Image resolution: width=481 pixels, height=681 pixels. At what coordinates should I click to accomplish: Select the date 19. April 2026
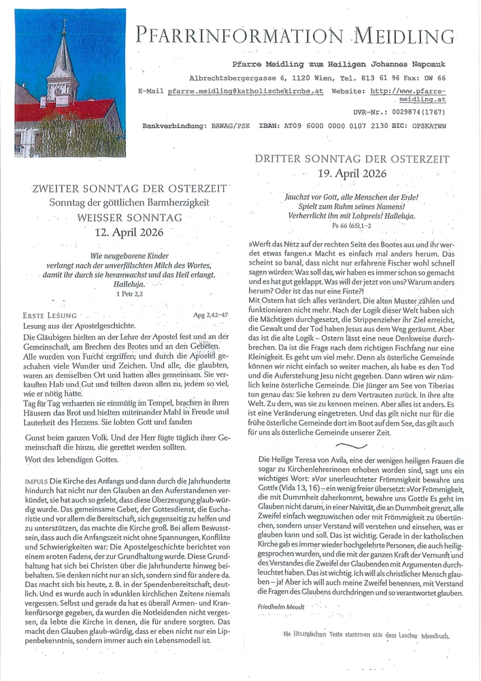(352, 173)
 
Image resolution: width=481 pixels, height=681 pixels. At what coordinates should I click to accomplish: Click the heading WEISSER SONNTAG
(129, 218)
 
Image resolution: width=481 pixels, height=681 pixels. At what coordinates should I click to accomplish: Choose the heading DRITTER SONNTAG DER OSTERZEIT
(352, 159)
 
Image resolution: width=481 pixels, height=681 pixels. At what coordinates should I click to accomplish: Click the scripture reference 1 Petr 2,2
(129, 294)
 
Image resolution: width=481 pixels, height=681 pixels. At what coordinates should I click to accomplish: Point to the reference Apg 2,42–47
(211, 315)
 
